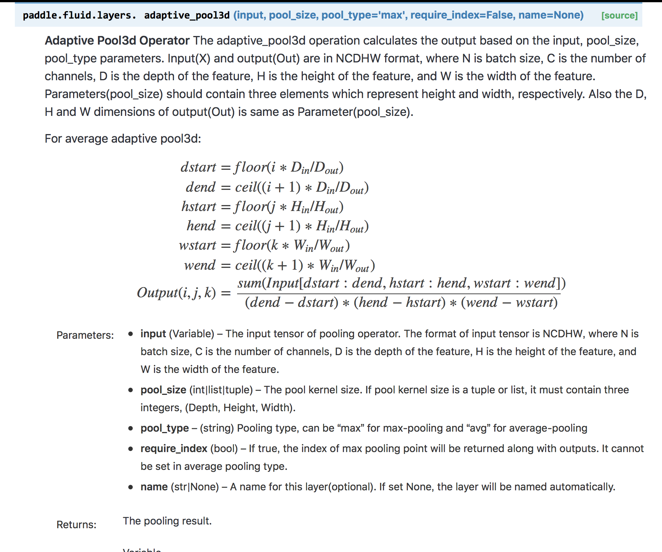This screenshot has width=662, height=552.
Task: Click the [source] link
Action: [619, 16]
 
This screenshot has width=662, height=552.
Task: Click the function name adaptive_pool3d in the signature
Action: [187, 16]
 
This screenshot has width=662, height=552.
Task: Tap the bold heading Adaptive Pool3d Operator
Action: [117, 40]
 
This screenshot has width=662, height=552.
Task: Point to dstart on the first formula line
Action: [198, 168]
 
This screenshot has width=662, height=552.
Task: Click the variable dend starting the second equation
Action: [200, 187]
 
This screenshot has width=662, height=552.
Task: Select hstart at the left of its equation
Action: [199, 207]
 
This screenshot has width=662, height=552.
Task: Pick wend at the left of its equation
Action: [200, 265]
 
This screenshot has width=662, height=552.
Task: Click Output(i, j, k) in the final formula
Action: [176, 293]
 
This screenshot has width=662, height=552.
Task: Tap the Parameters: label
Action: [85, 335]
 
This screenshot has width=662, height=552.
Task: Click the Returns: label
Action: [76, 525]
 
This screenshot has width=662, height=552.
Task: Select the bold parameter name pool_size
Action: [163, 390]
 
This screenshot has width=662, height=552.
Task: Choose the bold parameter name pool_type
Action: [164, 428]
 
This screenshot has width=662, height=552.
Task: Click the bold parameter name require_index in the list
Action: [174, 449]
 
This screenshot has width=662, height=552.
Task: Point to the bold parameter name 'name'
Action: [154, 487]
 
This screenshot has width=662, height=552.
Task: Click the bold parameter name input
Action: [153, 334]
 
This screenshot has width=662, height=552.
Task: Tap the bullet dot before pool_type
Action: [131, 428]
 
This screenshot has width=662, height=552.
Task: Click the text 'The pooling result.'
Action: [167, 521]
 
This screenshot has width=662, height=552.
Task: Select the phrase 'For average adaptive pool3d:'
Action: [123, 139]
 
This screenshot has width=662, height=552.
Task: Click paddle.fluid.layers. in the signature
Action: [79, 16]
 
